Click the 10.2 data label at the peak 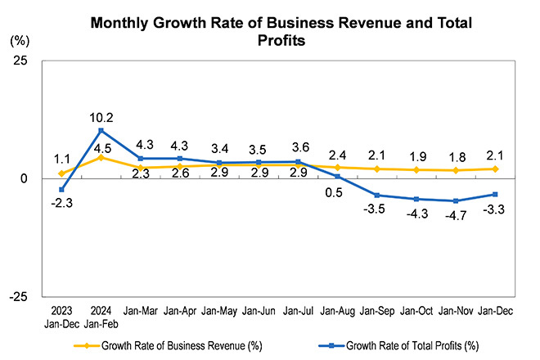coord(101,116)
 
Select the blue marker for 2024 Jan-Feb coord(101,130)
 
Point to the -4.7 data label coord(456,215)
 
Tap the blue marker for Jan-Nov coord(456,200)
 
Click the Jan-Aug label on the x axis coord(337,312)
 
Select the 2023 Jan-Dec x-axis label coord(61,317)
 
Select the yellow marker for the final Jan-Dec coord(495,169)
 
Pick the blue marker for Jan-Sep coord(376,195)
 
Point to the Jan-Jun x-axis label coord(258,312)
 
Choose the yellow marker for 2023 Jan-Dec coord(61,173)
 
